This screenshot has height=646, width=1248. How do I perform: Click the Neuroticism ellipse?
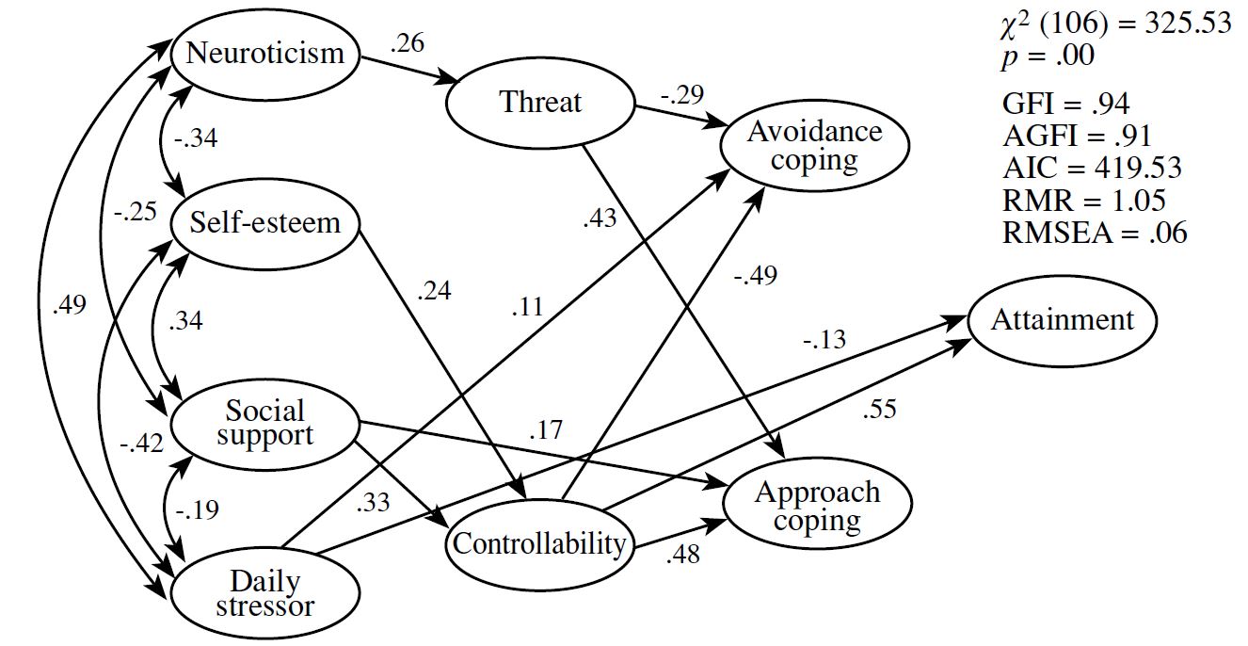(265, 52)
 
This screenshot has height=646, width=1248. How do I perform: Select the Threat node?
(540, 102)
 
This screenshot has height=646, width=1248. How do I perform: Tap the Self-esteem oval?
(265, 224)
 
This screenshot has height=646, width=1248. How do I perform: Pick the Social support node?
(265, 422)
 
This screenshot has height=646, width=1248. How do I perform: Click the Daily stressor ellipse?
(265, 593)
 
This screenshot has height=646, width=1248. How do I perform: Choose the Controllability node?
(539, 543)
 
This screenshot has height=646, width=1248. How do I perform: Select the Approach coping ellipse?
(817, 506)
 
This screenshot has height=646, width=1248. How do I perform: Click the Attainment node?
(1063, 320)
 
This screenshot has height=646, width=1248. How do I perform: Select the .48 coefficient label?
(682, 556)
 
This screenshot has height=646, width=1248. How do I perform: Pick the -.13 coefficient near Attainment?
(824, 338)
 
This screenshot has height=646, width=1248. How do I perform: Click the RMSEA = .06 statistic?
(1094, 233)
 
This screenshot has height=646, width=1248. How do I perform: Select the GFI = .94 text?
(1065, 104)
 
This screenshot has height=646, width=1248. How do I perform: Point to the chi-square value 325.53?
(1187, 24)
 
